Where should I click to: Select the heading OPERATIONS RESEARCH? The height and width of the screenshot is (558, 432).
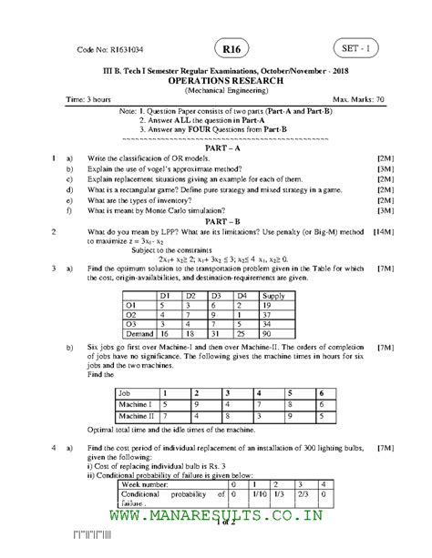[223, 80]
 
